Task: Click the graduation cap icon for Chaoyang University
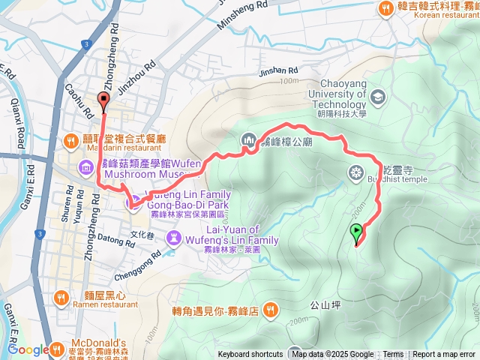click(377, 97)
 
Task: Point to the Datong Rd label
click(114, 241)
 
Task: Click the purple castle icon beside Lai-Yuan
click(174, 237)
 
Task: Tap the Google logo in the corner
click(28, 349)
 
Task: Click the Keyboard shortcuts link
click(250, 355)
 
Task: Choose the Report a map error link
click(443, 355)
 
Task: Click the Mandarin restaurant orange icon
click(70, 139)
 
